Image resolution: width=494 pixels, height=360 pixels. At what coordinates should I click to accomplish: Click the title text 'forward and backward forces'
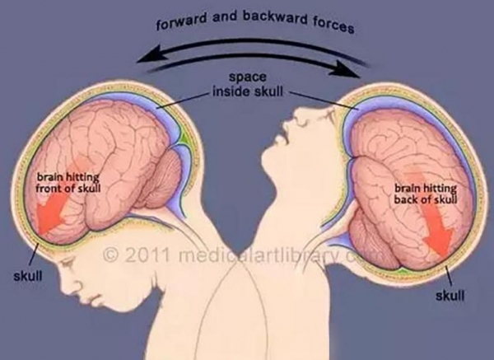point(255,21)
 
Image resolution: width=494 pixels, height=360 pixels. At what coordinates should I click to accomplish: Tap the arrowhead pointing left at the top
point(149,55)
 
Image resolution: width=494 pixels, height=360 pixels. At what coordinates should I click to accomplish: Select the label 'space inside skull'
point(248,84)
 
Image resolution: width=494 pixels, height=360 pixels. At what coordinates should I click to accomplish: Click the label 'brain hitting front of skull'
point(68,183)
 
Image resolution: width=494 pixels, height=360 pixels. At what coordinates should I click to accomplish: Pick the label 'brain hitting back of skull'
point(426,194)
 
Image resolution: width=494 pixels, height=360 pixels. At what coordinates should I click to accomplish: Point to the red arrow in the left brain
point(56,205)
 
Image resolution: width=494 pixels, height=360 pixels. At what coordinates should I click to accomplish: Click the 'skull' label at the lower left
point(28,276)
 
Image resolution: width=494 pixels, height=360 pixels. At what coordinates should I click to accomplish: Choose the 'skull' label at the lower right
point(450,296)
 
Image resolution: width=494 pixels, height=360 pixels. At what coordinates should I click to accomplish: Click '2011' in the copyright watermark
point(148,255)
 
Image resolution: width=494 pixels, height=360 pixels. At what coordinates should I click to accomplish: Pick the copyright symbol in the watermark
point(111,255)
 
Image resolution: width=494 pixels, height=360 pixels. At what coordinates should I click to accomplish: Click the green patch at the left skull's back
point(185,138)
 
